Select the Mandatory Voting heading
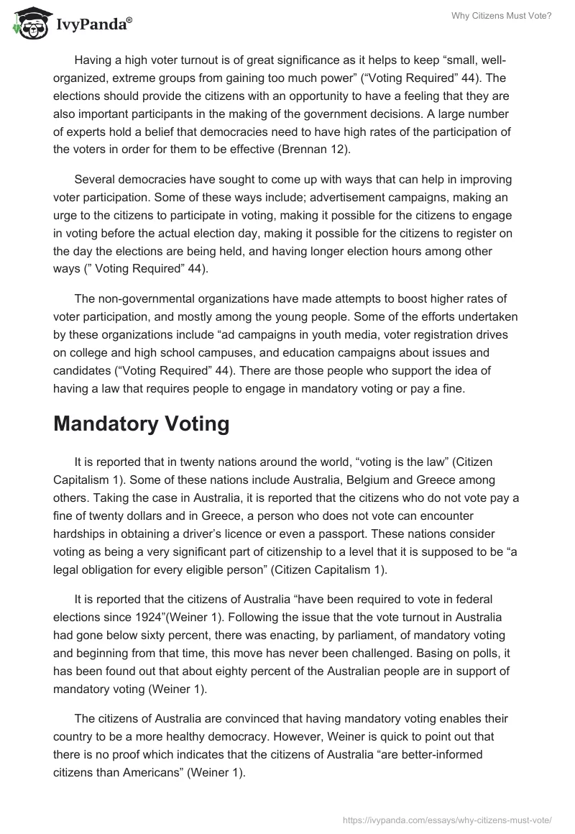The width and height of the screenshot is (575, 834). (141, 423)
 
